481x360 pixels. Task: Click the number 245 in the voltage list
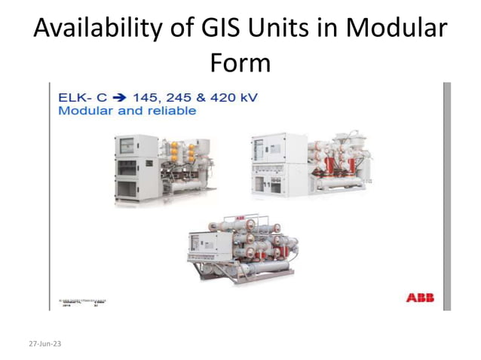tap(182, 97)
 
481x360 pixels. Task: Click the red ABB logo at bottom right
tap(419, 298)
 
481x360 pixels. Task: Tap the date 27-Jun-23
tap(45, 343)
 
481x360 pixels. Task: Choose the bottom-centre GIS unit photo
tap(240, 248)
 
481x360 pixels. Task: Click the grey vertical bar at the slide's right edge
tap(446, 196)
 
